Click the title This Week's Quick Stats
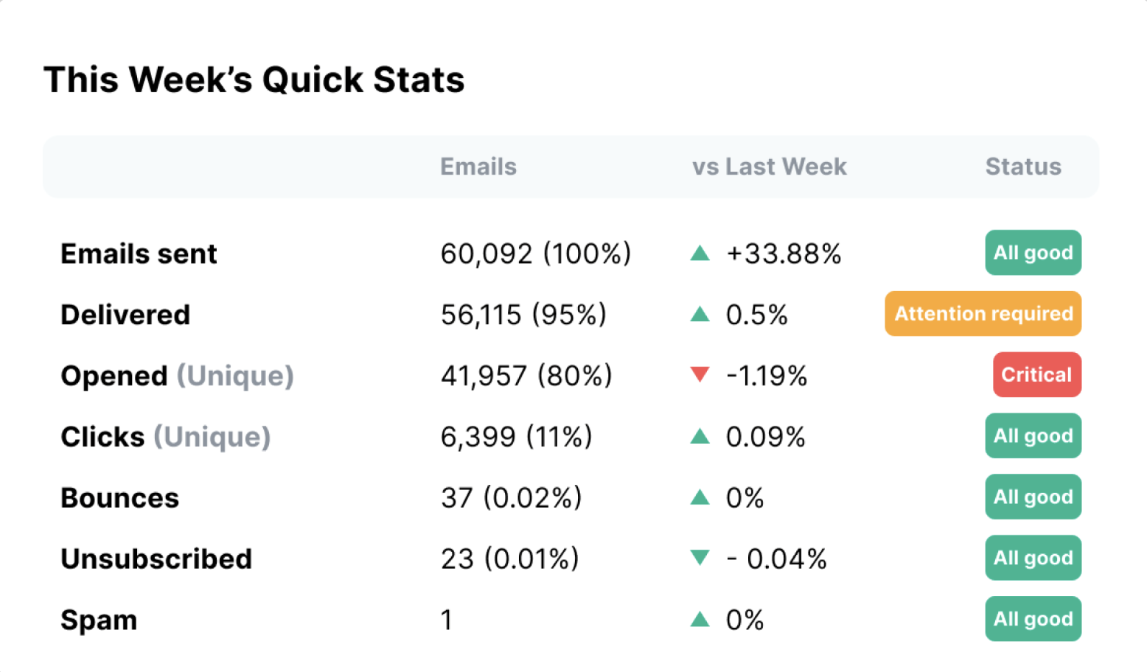[254, 80]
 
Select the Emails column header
[478, 167]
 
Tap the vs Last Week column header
[769, 167]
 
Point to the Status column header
[1023, 167]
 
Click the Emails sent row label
[139, 254]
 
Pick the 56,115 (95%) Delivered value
[523, 315]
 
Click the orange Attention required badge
[983, 314]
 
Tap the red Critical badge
[1036, 375]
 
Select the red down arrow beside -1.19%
[700, 374]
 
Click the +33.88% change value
[783, 254]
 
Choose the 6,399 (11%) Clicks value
[516, 437]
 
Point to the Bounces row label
[119, 498]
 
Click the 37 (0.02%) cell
[511, 498]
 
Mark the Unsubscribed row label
[156, 559]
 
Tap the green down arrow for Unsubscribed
[700, 558]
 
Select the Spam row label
[99, 620]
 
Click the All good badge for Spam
[1033, 619]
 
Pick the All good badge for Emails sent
[1033, 253]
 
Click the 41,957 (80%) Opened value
[526, 377]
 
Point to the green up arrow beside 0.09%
[700, 437]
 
